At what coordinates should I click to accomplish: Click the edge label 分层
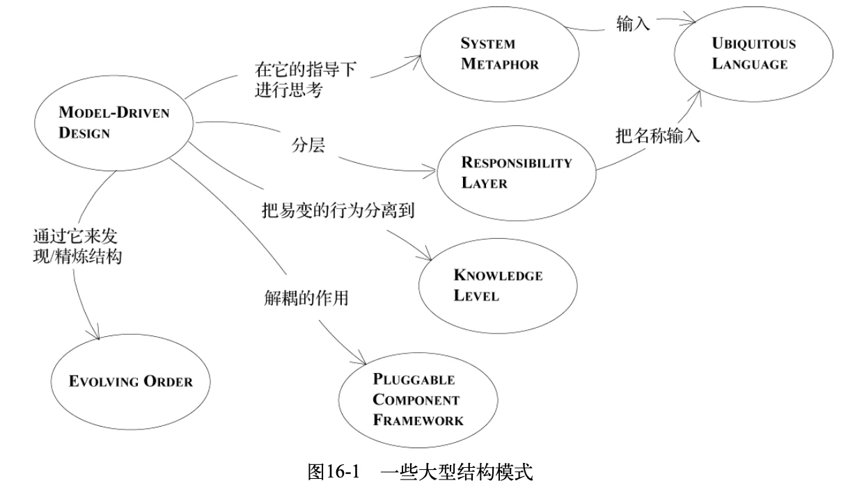coord(308,145)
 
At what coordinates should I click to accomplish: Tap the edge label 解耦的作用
coord(306,298)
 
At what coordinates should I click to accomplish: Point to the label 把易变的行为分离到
coord(338,210)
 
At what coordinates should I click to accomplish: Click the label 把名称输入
coord(658,136)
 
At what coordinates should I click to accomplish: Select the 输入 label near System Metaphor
coord(633,24)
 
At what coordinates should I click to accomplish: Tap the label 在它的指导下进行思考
coord(306,79)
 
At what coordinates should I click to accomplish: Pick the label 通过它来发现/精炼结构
coord(77,246)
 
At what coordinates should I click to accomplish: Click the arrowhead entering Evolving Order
coord(96,334)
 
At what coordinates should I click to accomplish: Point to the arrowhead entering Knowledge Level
coord(426,255)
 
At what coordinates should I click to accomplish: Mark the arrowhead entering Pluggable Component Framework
coord(361,358)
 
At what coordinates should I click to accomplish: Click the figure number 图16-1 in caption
coord(334,472)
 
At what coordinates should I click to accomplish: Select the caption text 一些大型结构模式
coord(457,472)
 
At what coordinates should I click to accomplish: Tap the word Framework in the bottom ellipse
coord(418,420)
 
